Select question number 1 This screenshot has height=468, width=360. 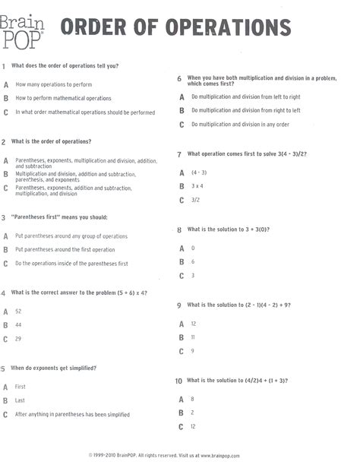click(5, 66)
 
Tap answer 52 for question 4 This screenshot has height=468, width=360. click(18, 311)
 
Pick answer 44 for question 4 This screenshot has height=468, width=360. click(18, 325)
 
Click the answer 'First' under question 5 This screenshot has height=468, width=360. click(21, 387)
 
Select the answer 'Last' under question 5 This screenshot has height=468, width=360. click(20, 400)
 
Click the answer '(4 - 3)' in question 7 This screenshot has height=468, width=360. click(199, 172)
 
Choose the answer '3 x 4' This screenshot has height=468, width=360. click(197, 186)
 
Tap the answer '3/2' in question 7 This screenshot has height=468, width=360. click(195, 201)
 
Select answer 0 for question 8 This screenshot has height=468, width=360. click(193, 248)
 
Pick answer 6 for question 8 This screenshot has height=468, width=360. click(193, 262)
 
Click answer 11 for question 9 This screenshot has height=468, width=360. click(194, 337)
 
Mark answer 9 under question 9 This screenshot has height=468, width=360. click(193, 351)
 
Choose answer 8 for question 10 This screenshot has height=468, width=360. click(193, 399)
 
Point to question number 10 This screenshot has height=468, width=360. click(178, 381)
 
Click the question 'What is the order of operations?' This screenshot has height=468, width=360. click(52, 141)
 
